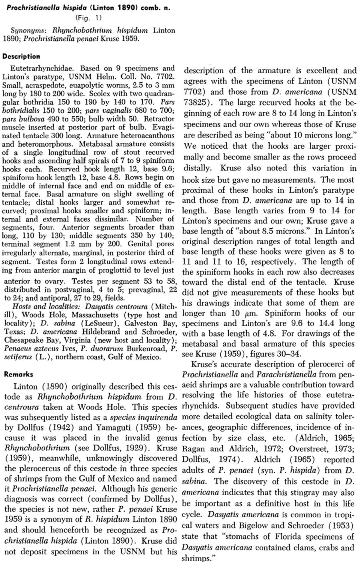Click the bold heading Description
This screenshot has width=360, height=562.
click(21, 57)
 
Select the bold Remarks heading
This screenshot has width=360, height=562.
click(18, 375)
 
